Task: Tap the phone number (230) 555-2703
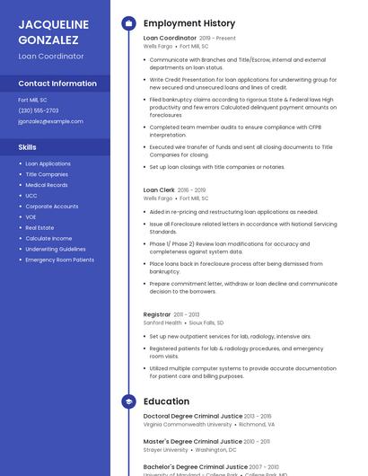[39, 110]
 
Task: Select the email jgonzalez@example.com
[50, 121]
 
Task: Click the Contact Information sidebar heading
[57, 84]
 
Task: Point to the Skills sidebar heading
[28, 146]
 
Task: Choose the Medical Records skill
[47, 185]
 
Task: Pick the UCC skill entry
[31, 196]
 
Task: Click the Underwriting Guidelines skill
[56, 249]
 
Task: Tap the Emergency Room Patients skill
[59, 260]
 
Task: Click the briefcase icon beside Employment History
[128, 23]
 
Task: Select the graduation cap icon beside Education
[128, 401]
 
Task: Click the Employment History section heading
[189, 23]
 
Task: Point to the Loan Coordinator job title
[170, 39]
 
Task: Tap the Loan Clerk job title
[159, 190]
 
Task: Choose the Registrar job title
[157, 314]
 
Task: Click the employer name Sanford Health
[162, 322]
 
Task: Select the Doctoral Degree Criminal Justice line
[193, 417]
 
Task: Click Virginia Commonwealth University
[188, 425]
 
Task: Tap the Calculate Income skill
[48, 238]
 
